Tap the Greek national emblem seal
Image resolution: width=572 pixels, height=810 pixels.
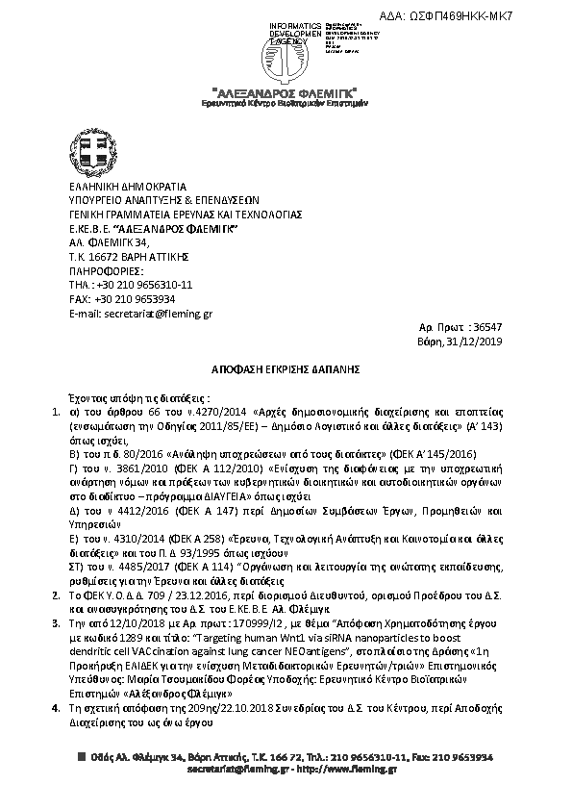(x=89, y=153)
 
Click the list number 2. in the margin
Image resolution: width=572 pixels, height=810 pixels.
(x=55, y=596)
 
